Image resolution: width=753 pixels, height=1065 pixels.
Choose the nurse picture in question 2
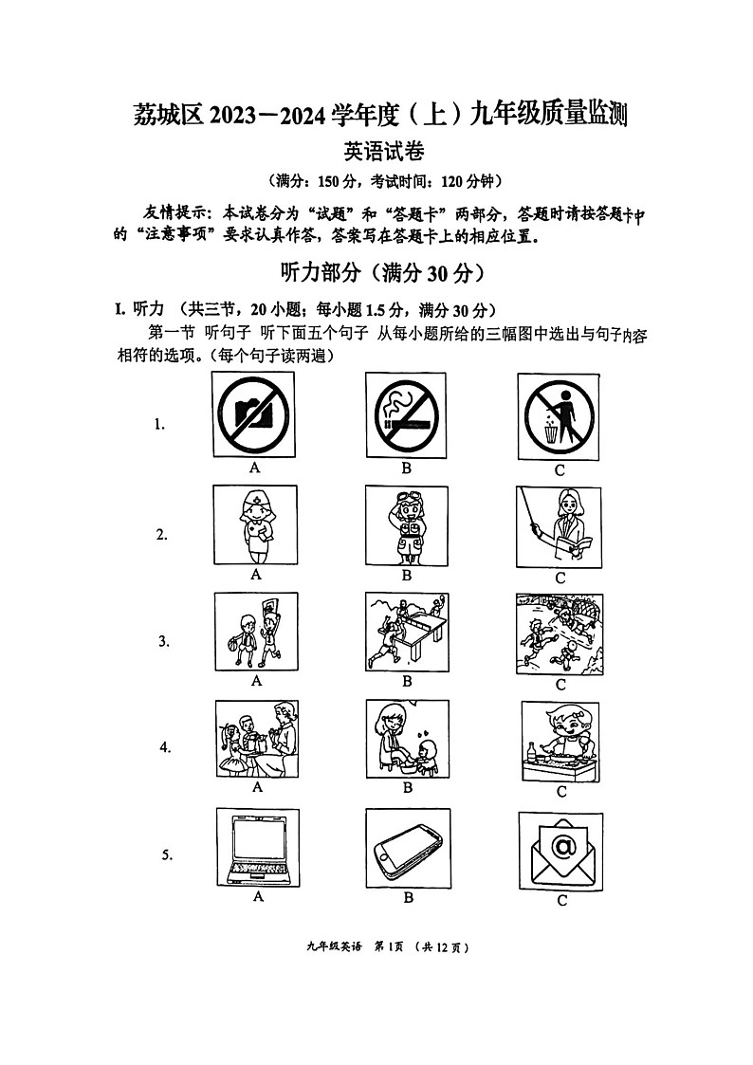pyautogui.click(x=255, y=526)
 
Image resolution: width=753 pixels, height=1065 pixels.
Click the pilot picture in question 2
pyautogui.click(x=406, y=526)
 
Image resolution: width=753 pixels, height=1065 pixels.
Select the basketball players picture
pyautogui.click(x=255, y=633)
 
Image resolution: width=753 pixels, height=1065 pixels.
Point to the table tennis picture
pyautogui.click(x=406, y=633)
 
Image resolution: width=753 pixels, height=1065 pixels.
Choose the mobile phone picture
pyautogui.click(x=408, y=847)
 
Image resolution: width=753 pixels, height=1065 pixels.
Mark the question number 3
pyautogui.click(x=163, y=641)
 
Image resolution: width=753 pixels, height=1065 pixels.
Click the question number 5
pyautogui.click(x=167, y=855)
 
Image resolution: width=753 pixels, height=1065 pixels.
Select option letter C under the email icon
pyautogui.click(x=561, y=900)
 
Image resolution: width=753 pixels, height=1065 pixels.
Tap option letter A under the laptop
pyautogui.click(x=258, y=896)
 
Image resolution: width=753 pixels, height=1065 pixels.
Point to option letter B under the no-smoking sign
pyautogui.click(x=406, y=468)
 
